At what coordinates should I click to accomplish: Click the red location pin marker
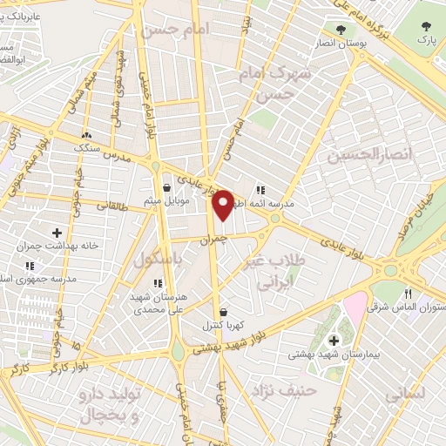point(223,204)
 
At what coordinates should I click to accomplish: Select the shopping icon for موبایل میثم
point(166,186)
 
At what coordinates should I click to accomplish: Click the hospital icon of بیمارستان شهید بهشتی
point(334,340)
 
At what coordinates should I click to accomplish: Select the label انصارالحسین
point(366,155)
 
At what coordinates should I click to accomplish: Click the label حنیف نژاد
point(282,390)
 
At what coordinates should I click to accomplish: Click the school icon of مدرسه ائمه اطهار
point(260,189)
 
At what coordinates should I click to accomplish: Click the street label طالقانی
point(111,206)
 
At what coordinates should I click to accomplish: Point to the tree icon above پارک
point(425,26)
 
